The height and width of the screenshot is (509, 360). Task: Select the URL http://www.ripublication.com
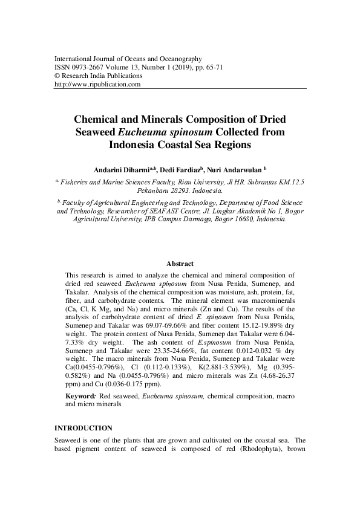coord(97,85)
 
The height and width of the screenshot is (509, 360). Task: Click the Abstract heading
coord(180,264)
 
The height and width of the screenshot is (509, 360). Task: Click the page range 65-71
coord(215,67)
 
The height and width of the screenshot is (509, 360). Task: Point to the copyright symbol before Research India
coord(57,76)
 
